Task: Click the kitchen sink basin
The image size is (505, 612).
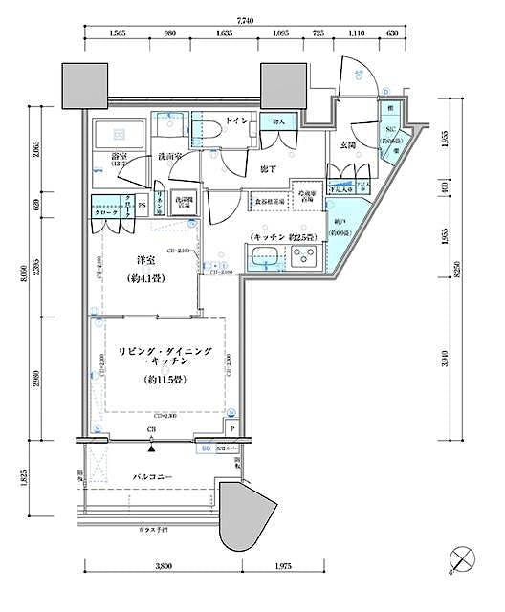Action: [265, 255]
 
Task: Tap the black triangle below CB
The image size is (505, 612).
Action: [151, 438]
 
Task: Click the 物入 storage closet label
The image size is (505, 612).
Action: [279, 121]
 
